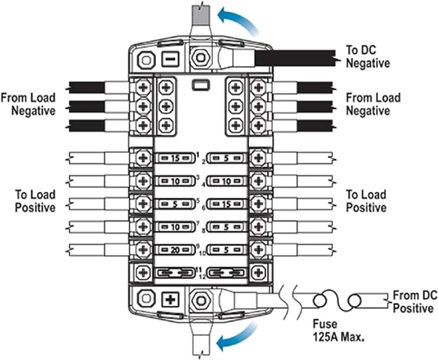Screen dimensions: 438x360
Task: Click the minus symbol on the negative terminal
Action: point(170,59)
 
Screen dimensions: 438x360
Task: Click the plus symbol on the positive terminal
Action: point(170,300)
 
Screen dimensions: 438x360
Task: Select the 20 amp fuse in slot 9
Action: point(175,250)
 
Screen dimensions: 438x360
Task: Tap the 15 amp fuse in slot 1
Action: point(175,158)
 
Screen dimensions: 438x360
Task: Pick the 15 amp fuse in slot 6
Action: point(226,204)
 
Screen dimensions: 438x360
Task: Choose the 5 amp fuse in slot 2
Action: point(226,158)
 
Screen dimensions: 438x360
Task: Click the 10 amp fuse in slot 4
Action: point(226,181)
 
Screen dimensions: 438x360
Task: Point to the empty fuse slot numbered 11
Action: point(175,272)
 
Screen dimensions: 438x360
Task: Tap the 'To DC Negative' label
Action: point(367,57)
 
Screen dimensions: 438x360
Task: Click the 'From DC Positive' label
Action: point(413,302)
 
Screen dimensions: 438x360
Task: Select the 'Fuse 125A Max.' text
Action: point(338,331)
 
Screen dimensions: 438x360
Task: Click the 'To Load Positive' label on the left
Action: point(35,201)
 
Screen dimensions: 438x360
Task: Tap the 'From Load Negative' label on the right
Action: point(373,104)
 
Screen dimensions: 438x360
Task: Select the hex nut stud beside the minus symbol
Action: point(200,58)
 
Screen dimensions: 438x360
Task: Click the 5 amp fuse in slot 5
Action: point(175,204)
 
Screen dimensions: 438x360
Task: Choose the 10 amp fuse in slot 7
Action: point(175,227)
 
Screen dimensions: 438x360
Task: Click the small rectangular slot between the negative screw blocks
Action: point(200,85)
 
